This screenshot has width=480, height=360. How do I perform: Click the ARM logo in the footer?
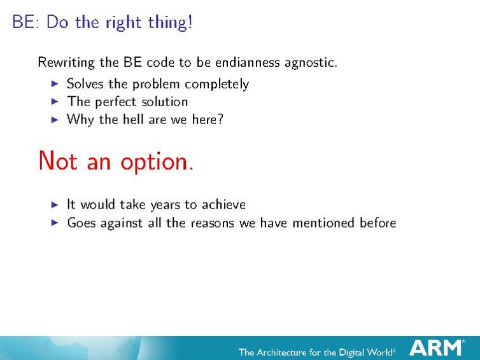437,347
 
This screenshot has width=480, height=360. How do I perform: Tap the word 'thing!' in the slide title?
171,22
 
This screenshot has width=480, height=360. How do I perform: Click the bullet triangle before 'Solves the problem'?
55,83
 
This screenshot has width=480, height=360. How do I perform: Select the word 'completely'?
218,84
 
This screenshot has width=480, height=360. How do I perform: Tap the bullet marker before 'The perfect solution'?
55,101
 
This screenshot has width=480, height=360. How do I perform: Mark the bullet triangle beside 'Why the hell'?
55,119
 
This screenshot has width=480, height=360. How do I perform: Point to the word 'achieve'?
223,204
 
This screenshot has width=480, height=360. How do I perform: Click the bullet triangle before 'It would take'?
55,204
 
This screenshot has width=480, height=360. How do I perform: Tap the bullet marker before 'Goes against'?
55,223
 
